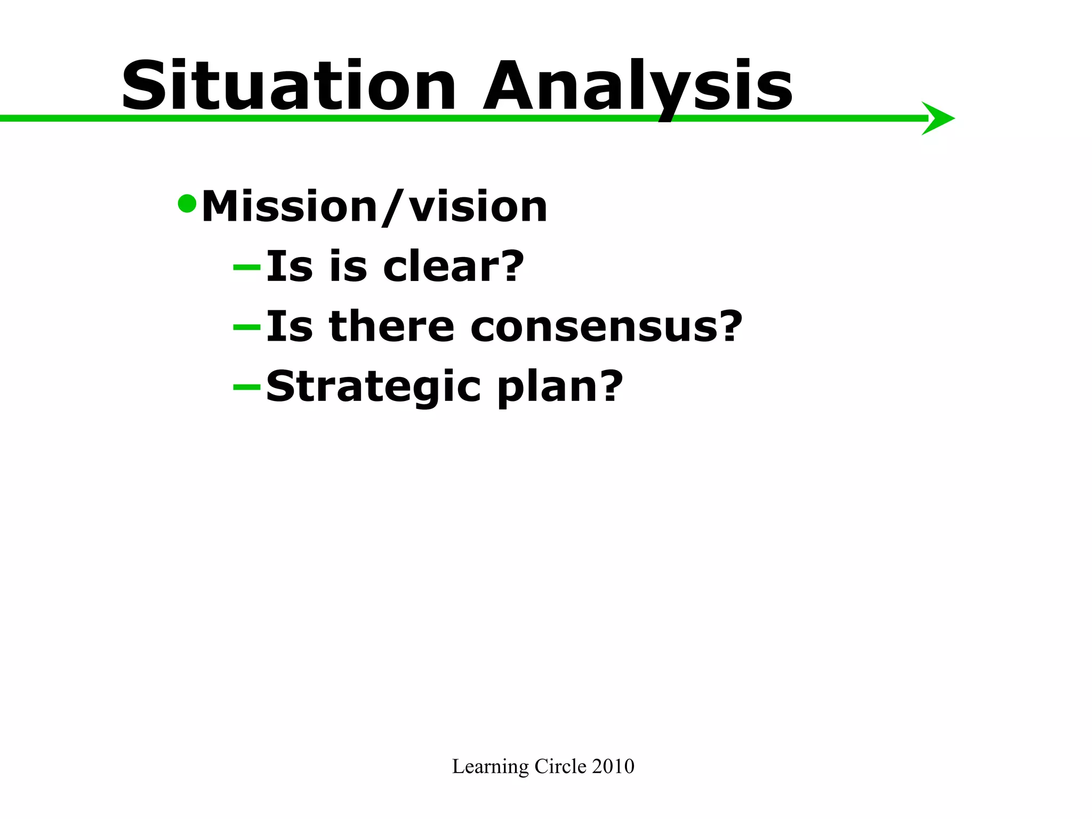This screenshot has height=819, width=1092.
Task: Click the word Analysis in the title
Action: click(637, 86)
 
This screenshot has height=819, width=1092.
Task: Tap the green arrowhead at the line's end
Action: click(938, 118)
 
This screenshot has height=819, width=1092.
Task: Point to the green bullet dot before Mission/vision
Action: click(187, 203)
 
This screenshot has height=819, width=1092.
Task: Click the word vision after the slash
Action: click(478, 207)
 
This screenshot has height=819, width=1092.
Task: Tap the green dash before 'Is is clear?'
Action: click(247, 266)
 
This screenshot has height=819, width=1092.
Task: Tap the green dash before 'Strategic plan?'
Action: click(247, 386)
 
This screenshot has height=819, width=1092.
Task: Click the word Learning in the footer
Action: click(490, 767)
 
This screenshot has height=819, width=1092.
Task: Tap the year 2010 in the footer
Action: click(613, 767)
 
